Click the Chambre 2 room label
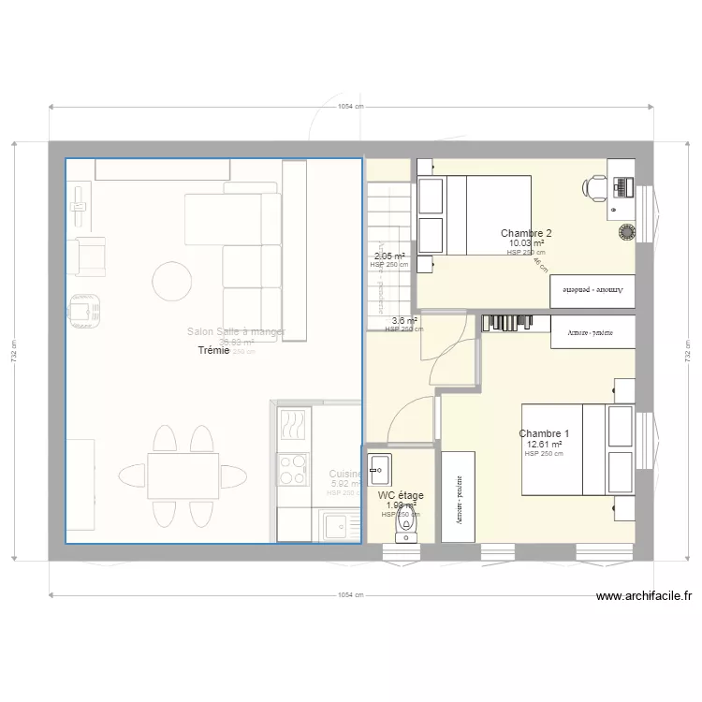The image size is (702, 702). (526, 233)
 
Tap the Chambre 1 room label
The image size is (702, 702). (544, 433)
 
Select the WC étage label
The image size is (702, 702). (401, 496)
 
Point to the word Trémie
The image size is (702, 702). (214, 350)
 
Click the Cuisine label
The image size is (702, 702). (344, 475)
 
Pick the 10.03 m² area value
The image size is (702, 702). (526, 243)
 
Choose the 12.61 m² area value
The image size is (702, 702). (544, 445)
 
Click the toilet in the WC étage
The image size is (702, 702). (405, 529)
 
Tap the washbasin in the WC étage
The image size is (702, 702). (380, 465)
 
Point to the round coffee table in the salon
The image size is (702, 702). (175, 281)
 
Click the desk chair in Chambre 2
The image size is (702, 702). (595, 187)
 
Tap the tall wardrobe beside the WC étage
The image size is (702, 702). (459, 496)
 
